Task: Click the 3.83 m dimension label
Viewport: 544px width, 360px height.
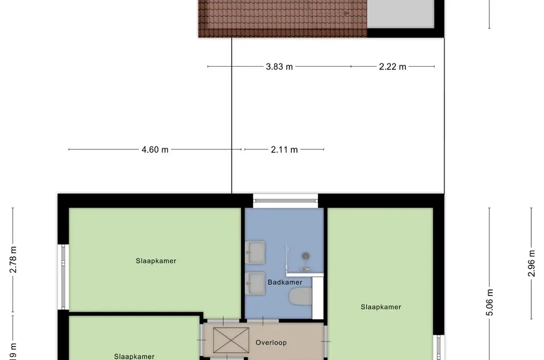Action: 279,67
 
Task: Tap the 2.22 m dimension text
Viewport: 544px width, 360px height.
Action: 393,67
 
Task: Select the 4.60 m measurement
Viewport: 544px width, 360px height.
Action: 155,150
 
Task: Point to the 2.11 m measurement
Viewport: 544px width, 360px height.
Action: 284,150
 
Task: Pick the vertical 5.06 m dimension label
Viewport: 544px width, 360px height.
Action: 490,302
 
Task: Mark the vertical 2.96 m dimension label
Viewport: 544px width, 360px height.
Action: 532,262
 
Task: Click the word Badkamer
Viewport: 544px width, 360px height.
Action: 284,282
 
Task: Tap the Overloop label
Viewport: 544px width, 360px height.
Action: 271,343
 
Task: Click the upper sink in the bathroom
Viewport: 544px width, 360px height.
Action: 255,251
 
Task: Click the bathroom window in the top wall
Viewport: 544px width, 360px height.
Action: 286,200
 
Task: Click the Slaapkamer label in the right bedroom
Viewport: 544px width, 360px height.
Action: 381,307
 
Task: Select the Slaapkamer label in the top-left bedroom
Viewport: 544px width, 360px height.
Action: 156,261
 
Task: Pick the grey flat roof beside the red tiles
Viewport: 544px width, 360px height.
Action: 400,13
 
